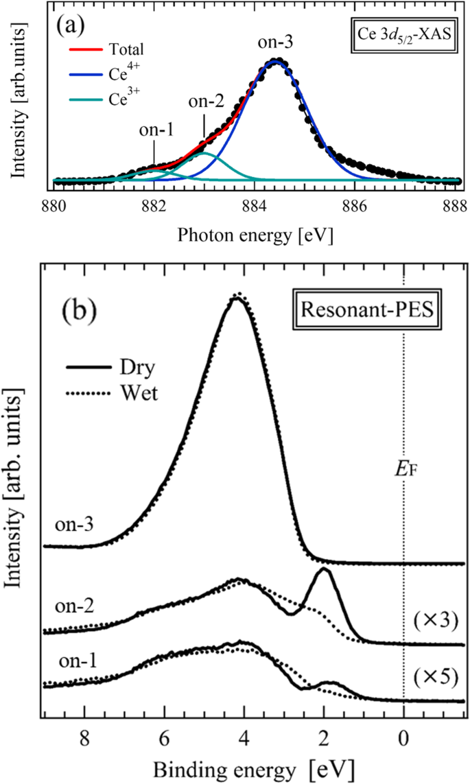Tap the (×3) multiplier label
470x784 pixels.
(436, 622)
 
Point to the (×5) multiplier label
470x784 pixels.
(436, 675)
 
